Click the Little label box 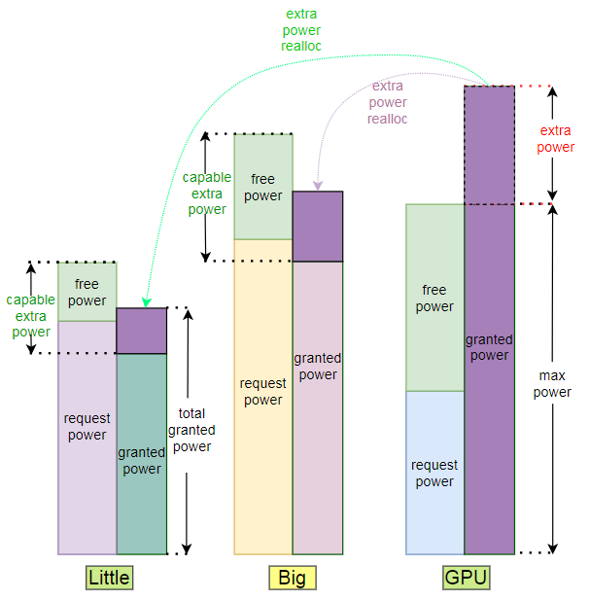click(x=109, y=578)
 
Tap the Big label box click(x=292, y=578)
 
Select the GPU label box click(x=467, y=578)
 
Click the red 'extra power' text click(x=555, y=138)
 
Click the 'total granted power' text click(x=191, y=431)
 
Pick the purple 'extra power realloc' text click(x=388, y=102)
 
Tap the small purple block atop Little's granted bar click(x=142, y=331)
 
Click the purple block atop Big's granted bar click(x=318, y=227)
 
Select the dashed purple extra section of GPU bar click(x=489, y=145)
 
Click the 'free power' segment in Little click(x=87, y=292)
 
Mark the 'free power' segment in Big click(x=262, y=187)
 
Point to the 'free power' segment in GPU click(x=434, y=298)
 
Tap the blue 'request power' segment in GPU click(x=434, y=473)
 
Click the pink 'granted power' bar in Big click(x=318, y=408)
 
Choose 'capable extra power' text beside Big click(x=207, y=193)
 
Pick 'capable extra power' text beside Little click(x=31, y=316)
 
